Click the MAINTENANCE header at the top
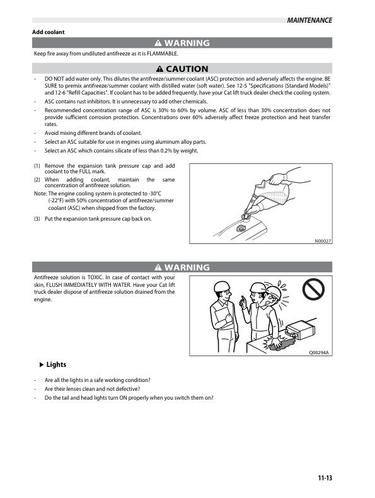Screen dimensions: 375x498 click(x=309, y=20)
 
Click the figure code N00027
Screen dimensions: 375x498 click(x=323, y=240)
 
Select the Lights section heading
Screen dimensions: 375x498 click(x=56, y=365)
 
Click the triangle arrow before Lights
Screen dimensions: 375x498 click(x=42, y=365)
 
